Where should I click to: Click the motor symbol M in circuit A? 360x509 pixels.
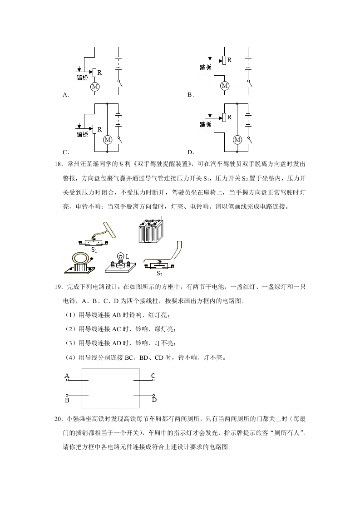95,86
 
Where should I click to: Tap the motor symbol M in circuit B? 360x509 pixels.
224,85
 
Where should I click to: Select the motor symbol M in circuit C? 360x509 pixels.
108,140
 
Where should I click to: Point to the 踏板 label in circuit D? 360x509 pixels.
206,124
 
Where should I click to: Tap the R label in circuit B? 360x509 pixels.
229,60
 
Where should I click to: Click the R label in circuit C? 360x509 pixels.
99,129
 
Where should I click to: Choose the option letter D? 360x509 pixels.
190,152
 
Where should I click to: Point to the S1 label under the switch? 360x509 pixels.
94,250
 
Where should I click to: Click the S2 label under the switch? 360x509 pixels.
160,274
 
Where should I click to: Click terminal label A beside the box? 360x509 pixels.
67,376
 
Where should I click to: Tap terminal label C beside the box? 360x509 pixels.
153,376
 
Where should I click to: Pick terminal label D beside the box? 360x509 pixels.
154,400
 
